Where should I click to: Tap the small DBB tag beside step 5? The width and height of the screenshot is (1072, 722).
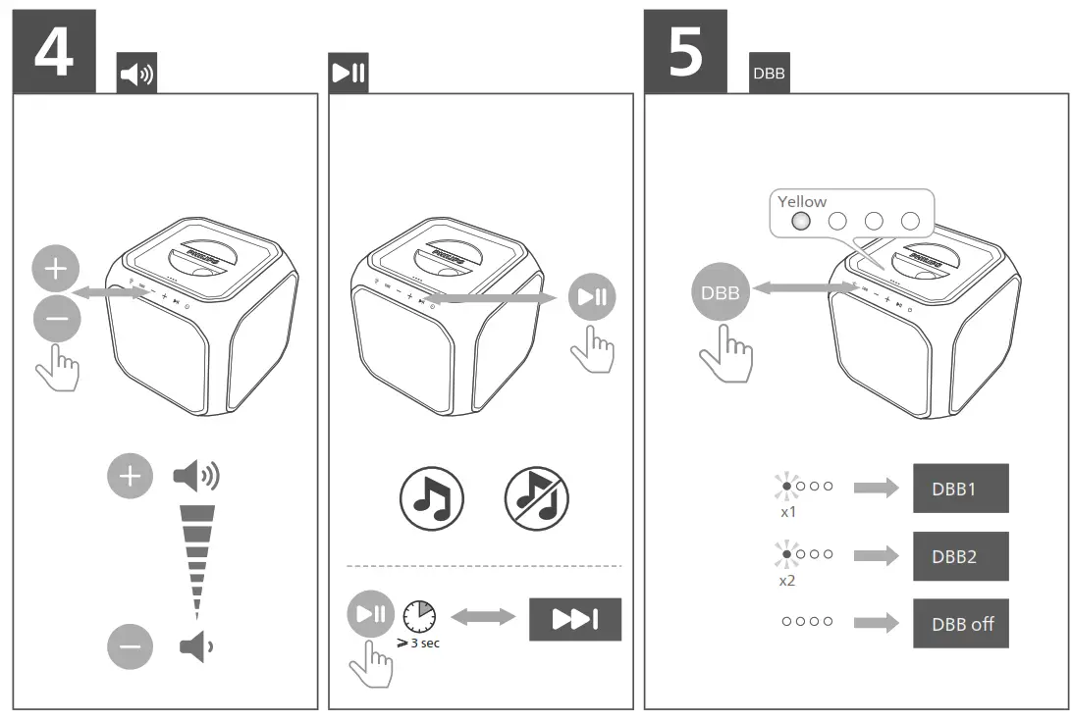click(x=768, y=74)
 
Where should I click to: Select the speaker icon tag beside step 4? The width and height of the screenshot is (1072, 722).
click(x=136, y=75)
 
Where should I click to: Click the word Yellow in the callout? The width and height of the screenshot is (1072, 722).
click(x=802, y=201)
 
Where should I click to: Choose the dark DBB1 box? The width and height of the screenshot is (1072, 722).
click(x=960, y=489)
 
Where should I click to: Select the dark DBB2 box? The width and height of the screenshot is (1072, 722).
click(x=960, y=555)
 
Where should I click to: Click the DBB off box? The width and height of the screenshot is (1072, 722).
click(x=960, y=623)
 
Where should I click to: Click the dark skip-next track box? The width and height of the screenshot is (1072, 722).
click(x=575, y=619)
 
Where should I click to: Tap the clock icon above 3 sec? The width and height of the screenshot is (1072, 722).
click(x=419, y=615)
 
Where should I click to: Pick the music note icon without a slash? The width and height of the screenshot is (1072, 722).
click(x=431, y=499)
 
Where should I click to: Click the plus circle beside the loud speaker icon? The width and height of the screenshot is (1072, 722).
click(x=131, y=477)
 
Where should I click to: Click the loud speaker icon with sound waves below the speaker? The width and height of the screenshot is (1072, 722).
click(x=196, y=477)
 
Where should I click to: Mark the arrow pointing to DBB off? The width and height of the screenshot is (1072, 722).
click(x=877, y=623)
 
